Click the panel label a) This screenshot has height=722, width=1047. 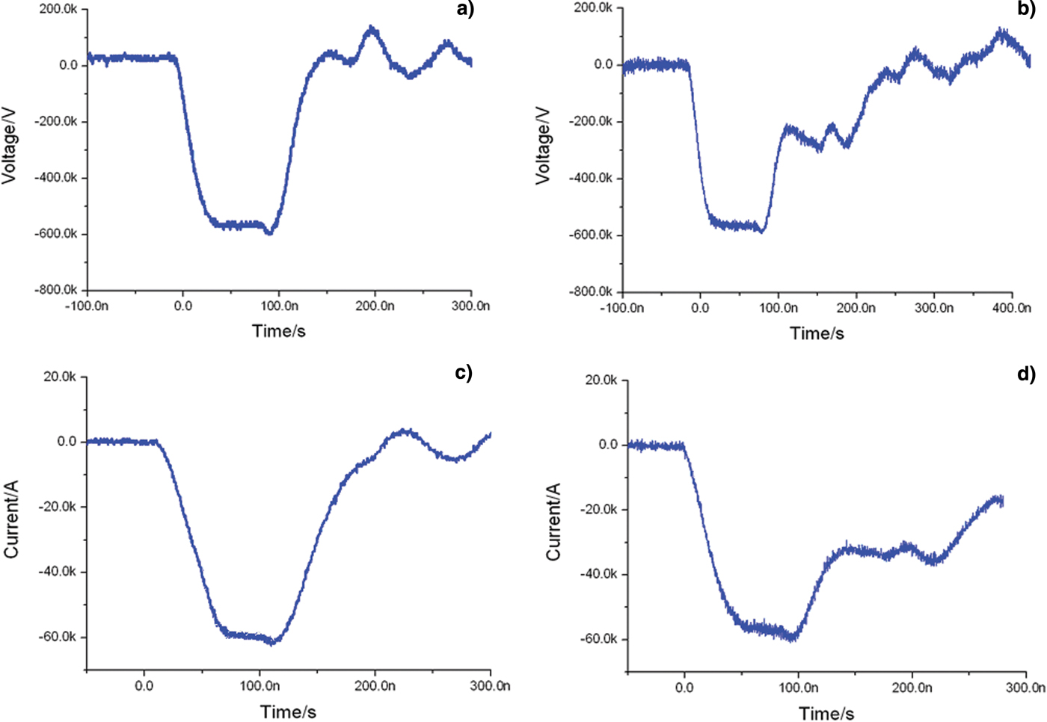(x=465, y=10)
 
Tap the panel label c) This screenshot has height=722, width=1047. (x=464, y=372)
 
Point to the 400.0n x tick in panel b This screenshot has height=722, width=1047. (x=1012, y=308)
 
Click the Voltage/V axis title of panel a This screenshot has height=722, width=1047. (x=10, y=146)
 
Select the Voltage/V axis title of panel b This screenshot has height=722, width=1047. (x=544, y=146)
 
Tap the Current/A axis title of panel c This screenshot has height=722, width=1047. (x=11, y=519)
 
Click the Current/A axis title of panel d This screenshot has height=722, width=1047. (x=553, y=522)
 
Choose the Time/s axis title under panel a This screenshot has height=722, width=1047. (x=278, y=331)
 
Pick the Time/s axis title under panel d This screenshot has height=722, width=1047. (x=826, y=714)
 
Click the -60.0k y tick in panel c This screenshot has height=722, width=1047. (x=58, y=637)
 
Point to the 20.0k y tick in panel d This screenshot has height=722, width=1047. (x=601, y=380)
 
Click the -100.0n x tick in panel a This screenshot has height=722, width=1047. (x=87, y=306)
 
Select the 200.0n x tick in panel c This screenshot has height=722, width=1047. (x=375, y=685)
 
